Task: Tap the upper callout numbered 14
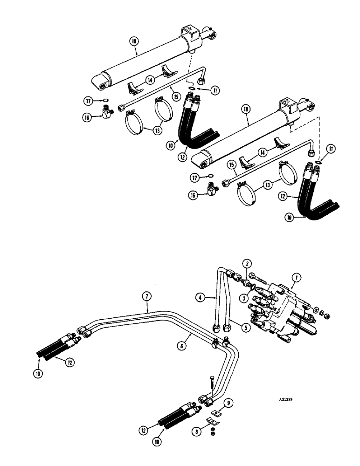149,80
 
